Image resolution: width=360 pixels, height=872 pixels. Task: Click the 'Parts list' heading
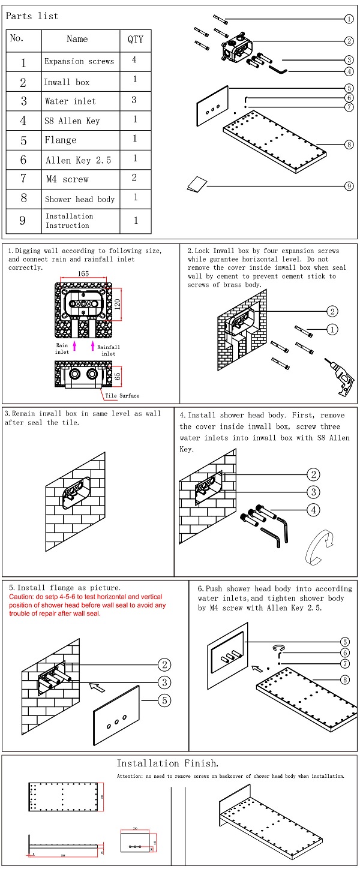tap(32, 16)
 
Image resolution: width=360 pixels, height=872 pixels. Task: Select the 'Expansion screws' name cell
tap(79, 62)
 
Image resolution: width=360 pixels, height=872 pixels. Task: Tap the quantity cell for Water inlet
tap(134, 100)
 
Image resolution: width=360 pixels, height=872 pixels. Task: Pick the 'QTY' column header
tap(136, 39)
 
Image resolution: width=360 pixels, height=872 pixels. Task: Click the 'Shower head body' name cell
tap(80, 199)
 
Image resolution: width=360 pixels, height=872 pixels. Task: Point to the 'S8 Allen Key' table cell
tap(72, 121)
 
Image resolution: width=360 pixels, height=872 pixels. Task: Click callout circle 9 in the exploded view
tap(349, 187)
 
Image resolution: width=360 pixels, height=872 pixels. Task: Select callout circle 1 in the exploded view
tap(349, 19)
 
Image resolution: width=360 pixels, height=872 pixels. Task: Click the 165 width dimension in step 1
tap(83, 273)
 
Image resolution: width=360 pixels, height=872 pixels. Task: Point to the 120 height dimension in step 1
tap(118, 303)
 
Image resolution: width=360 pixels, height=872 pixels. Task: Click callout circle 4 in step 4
tap(313, 510)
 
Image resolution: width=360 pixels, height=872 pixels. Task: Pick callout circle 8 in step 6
tap(345, 679)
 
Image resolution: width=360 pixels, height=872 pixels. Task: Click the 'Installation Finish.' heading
tap(167, 763)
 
